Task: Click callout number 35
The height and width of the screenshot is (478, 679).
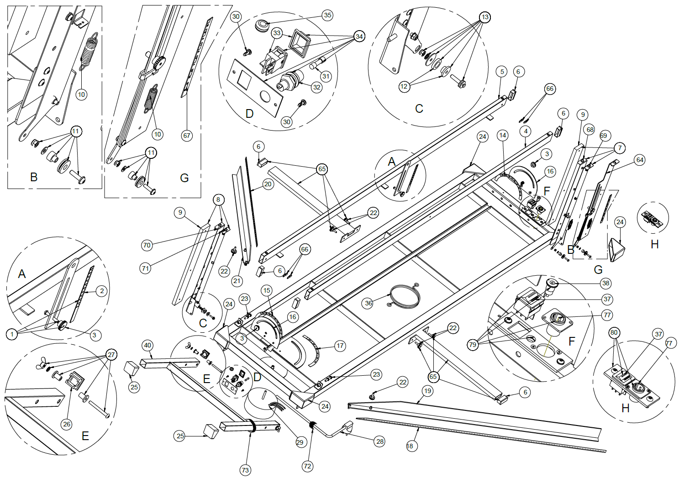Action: coord(327,15)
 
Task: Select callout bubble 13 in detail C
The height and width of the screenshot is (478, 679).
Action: coord(484,17)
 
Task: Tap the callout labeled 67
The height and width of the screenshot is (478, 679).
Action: coord(186,136)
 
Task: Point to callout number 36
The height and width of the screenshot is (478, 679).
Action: coord(368,303)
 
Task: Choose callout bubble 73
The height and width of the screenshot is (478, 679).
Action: coord(245,470)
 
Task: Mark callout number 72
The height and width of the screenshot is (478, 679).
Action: coord(307,466)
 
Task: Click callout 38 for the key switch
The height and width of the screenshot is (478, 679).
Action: coord(605,283)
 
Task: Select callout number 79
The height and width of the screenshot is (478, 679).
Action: coord(473,344)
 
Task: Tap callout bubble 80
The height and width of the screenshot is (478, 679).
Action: coord(614,333)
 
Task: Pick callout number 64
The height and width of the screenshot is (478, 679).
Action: coord(640,160)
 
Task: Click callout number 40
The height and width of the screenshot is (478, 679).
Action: coord(147,345)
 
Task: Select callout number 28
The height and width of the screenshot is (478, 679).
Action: coord(379,441)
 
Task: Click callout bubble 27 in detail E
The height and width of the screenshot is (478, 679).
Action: coord(111,354)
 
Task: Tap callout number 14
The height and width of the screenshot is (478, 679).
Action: coord(503,135)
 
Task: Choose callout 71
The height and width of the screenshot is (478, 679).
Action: coord(145,268)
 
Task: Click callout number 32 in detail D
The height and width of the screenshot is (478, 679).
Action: coord(317,87)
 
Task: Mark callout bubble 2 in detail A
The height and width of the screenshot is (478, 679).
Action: coord(102,291)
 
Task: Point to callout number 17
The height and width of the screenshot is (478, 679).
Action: coord(340,346)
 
